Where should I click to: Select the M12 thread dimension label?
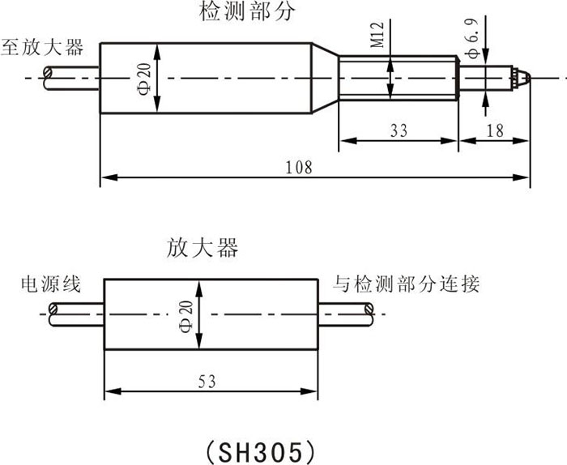point(377,36)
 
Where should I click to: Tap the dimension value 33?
point(398,128)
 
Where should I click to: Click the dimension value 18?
point(496,128)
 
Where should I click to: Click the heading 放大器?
point(203,247)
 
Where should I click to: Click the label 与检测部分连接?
point(407,284)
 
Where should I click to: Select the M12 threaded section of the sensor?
point(397,79)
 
